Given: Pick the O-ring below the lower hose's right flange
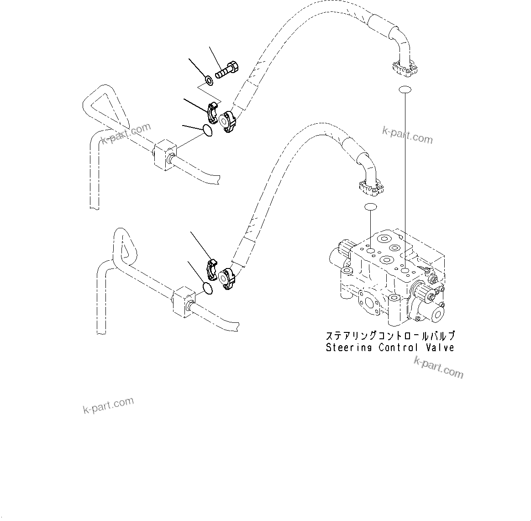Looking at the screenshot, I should (370, 207).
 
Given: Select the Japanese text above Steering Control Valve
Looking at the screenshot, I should (390, 336).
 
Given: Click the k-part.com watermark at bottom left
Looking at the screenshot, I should (108, 405).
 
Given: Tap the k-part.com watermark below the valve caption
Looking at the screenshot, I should (438, 368).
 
